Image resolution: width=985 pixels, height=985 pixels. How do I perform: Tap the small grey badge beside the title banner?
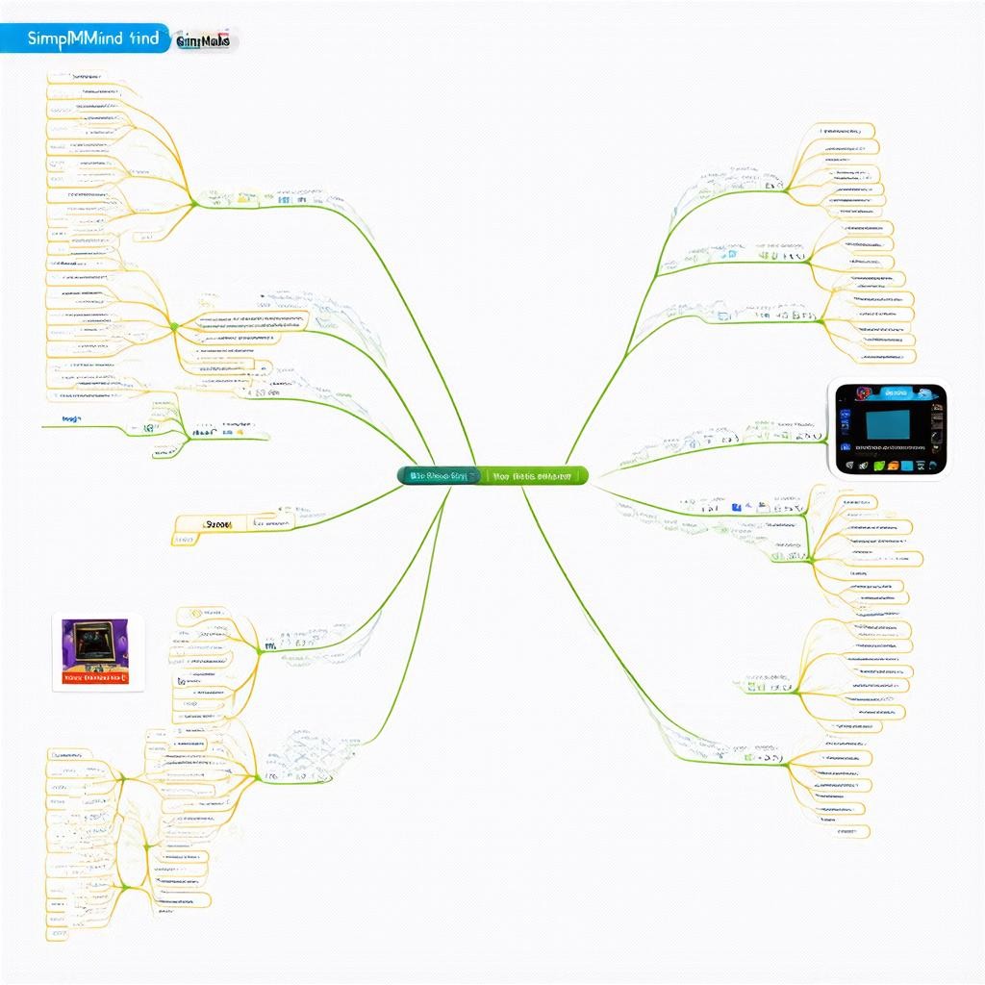point(205,40)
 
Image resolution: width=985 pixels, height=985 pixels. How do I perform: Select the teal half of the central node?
point(439,475)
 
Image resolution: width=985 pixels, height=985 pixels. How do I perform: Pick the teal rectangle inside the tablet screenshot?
point(888,424)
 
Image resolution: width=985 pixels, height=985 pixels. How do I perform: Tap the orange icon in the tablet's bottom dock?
point(893,466)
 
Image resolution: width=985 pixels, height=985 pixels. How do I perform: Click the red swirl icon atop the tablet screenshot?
point(863,392)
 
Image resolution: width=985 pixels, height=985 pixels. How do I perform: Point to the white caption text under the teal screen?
point(890,448)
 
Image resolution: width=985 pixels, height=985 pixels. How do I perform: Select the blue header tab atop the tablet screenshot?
point(897,392)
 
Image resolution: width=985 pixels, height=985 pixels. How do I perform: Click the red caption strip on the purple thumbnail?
point(95,676)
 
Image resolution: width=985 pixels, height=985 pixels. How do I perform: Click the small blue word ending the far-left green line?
point(71,419)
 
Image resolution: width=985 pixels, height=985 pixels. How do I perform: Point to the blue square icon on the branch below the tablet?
point(735,505)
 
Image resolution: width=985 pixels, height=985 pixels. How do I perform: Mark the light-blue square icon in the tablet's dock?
point(908,466)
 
